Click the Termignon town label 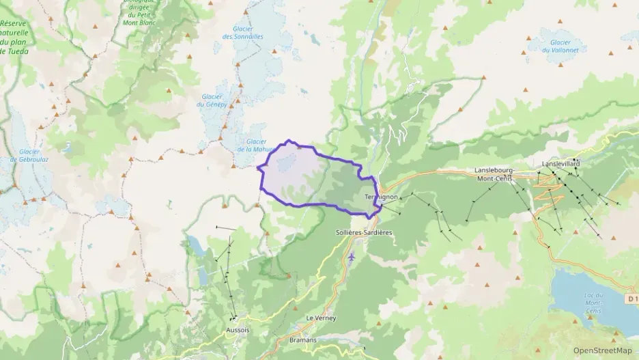(381, 197)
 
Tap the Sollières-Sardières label (364, 232)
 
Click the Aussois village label (238, 329)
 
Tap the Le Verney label (321, 318)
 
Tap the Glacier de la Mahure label (254, 146)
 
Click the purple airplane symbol (351, 257)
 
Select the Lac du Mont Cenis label (593, 303)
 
